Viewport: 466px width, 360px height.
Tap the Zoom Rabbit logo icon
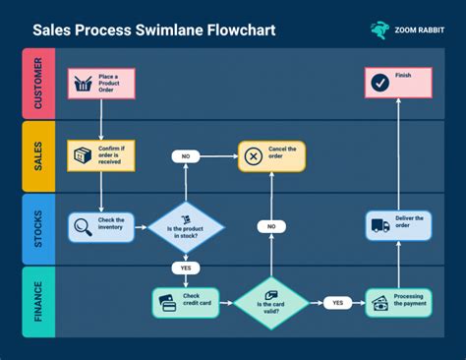379,30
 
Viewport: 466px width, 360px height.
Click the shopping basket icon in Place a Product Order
83,84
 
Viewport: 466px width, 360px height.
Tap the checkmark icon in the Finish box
379,84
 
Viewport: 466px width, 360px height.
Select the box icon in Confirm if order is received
83,155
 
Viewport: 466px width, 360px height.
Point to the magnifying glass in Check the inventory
83,228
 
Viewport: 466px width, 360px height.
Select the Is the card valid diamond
270,302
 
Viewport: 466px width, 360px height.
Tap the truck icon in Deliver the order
379,226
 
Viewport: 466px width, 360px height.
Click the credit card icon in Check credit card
167,302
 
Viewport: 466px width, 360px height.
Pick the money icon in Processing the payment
379,302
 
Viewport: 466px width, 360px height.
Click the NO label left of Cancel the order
186,156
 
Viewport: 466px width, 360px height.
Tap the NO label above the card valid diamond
270,226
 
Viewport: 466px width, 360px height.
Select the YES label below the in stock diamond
186,268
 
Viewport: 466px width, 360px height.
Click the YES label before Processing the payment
337,302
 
